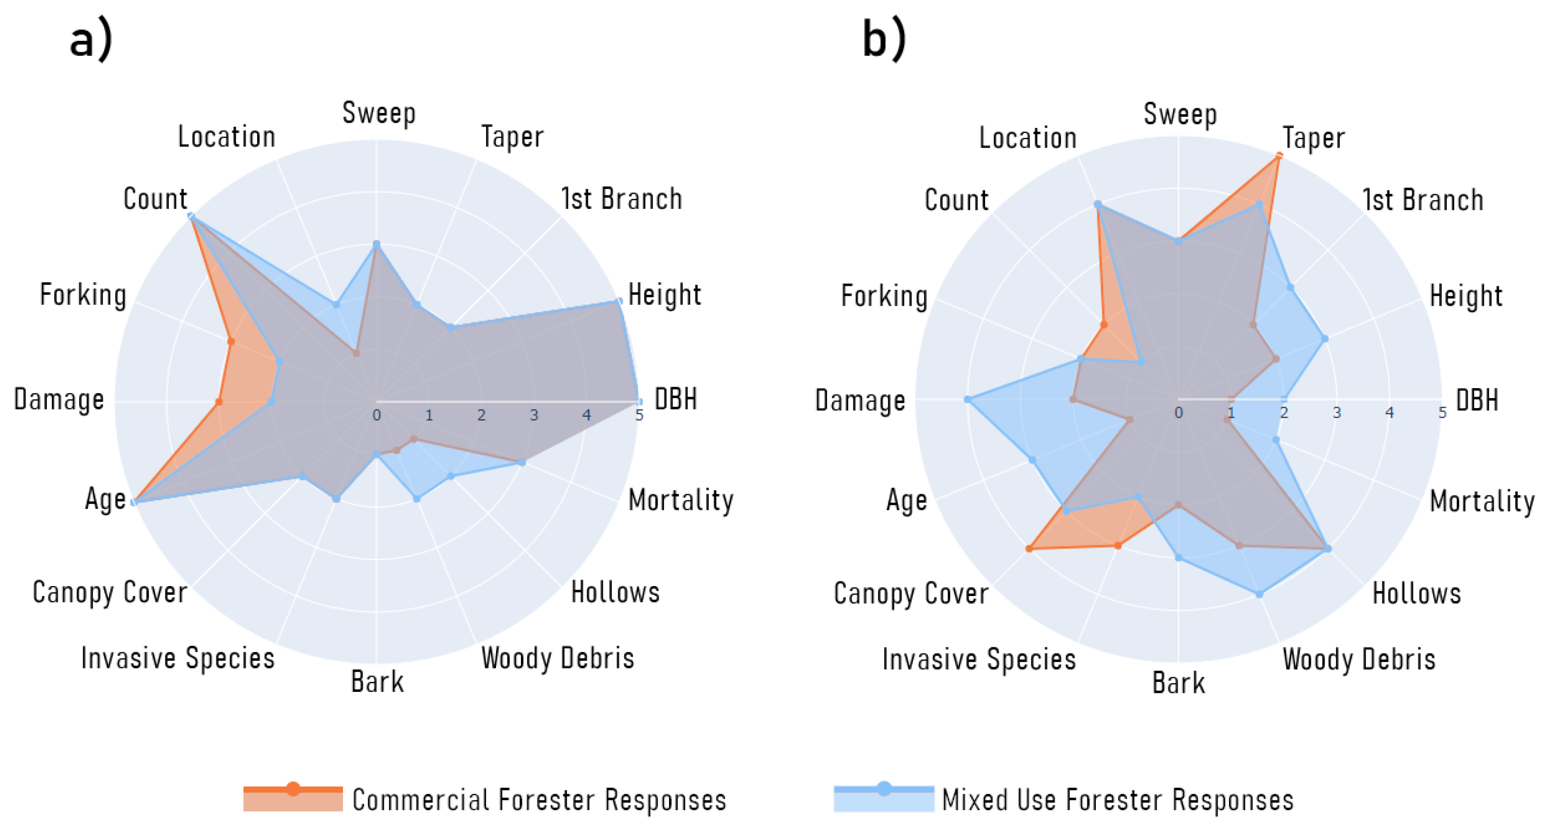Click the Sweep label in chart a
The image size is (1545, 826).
pyautogui.click(x=378, y=113)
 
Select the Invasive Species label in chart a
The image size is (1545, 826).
pyautogui.click(x=177, y=658)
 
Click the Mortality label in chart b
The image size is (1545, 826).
pyautogui.click(x=1481, y=500)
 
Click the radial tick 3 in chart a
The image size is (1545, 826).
pyautogui.click(x=534, y=415)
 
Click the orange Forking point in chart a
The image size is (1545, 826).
pyautogui.click(x=230, y=341)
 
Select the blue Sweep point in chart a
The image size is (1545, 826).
pyautogui.click(x=376, y=244)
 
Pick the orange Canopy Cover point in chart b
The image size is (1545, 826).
pyautogui.click(x=1029, y=548)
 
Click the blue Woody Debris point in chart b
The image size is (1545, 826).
pyautogui.click(x=1259, y=594)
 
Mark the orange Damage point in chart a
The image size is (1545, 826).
pyautogui.click(x=219, y=402)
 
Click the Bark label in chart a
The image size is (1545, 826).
pyautogui.click(x=377, y=682)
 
